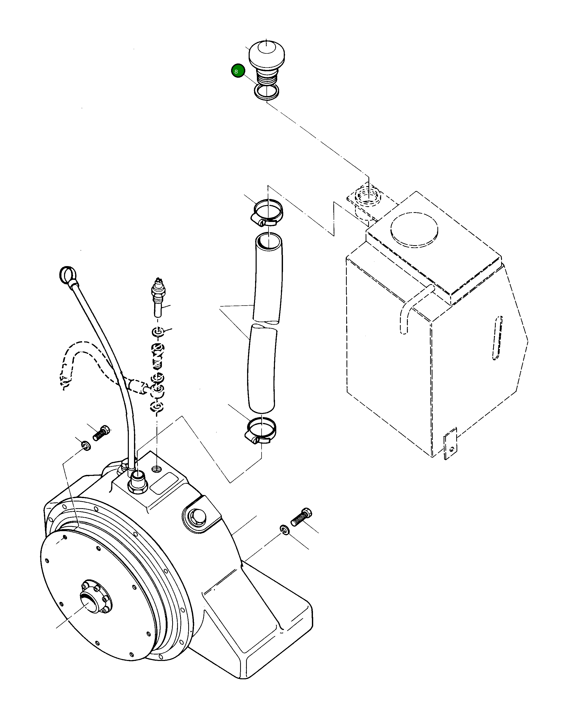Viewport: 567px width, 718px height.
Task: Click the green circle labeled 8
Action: pyautogui.click(x=238, y=71)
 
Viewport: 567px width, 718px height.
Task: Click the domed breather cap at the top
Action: pyautogui.click(x=267, y=54)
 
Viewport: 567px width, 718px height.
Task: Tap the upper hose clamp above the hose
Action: pyautogui.click(x=267, y=213)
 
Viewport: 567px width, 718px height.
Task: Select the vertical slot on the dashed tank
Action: pyautogui.click(x=497, y=338)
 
